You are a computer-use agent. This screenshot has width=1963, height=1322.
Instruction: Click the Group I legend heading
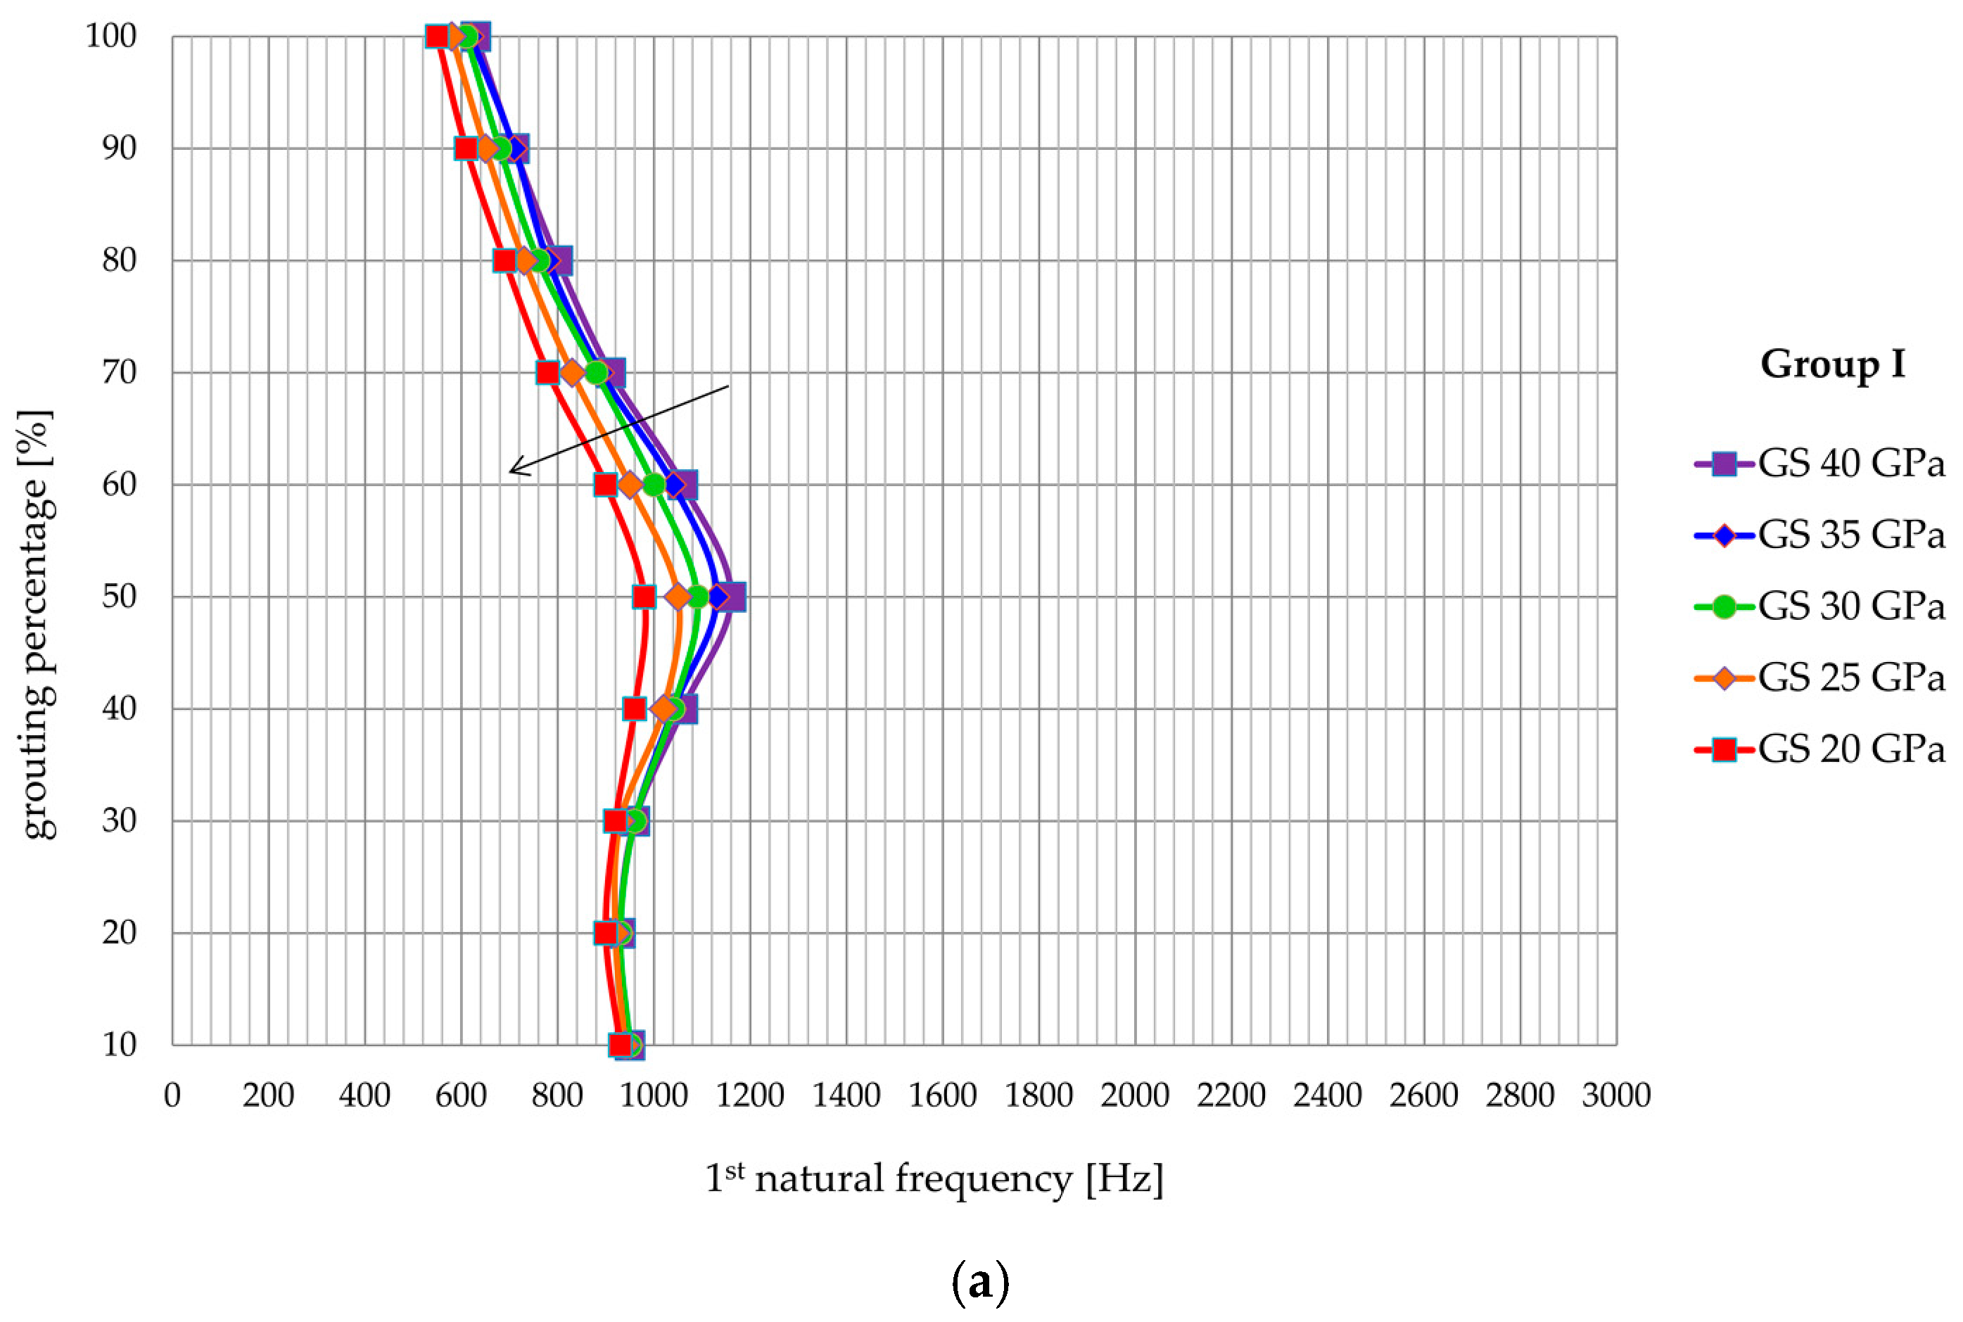coord(1832,364)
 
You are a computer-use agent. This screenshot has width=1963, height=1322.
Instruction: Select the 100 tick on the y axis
coord(110,37)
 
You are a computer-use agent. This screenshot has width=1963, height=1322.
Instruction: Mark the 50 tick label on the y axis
coord(119,597)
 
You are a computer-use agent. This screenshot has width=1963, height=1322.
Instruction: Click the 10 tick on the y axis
coord(119,1045)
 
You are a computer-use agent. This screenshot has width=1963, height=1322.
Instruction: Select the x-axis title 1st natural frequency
coord(934,1178)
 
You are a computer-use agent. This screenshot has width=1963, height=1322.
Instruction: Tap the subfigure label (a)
coord(980,1283)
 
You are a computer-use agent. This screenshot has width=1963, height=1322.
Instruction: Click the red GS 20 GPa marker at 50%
coord(643,597)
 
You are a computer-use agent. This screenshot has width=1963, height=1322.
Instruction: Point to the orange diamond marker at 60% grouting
coord(629,485)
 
